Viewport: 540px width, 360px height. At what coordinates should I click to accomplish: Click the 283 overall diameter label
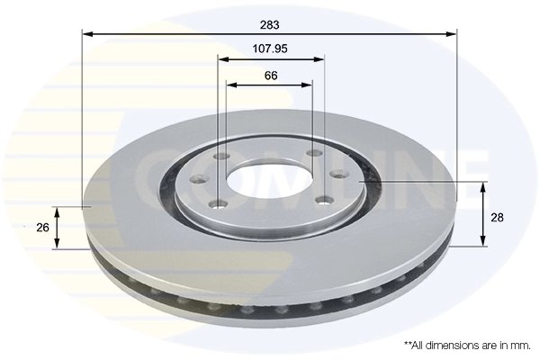coord(269,22)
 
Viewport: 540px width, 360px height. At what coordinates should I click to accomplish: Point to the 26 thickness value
coord(42,227)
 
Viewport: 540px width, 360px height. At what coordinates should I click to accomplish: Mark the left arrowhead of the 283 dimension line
coord(87,34)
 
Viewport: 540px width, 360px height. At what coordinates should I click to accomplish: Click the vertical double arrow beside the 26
coord(58,227)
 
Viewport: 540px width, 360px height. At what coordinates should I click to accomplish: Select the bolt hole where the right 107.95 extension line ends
coord(315,154)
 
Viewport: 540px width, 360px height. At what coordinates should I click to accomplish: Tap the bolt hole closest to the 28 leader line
coord(337,174)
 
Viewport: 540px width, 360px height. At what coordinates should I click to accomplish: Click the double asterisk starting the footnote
coord(407,345)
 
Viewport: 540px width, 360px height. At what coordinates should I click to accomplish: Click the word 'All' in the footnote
coord(418,346)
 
